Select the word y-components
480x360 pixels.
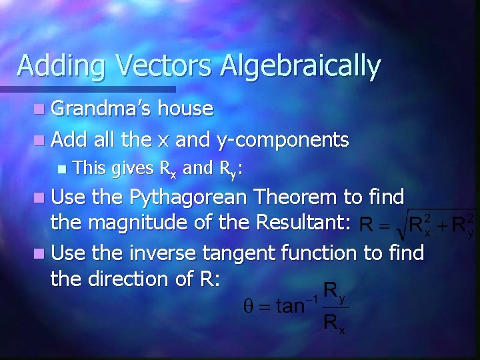click(283, 139)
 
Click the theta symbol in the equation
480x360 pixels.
click(247, 307)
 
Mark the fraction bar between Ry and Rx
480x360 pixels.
click(335, 307)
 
